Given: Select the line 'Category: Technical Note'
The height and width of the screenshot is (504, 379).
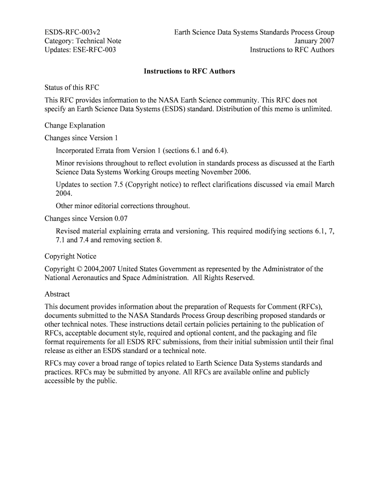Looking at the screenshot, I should [x=83, y=41].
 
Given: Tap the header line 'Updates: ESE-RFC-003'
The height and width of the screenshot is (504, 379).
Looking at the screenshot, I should [x=80, y=50].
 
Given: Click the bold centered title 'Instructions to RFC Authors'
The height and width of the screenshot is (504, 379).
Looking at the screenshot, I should [x=189, y=71].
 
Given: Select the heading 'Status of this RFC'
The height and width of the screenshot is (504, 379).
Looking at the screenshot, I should [x=72, y=88].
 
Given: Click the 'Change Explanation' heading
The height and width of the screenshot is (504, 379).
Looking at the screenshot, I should [x=75, y=126].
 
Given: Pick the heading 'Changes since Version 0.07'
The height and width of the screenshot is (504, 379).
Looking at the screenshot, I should [x=86, y=219].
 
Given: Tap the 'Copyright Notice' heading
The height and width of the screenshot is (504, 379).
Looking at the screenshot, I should [x=70, y=256].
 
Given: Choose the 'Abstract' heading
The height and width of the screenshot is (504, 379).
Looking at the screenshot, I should [x=57, y=294].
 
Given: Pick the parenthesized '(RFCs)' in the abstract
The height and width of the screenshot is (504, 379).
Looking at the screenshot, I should [x=310, y=307].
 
